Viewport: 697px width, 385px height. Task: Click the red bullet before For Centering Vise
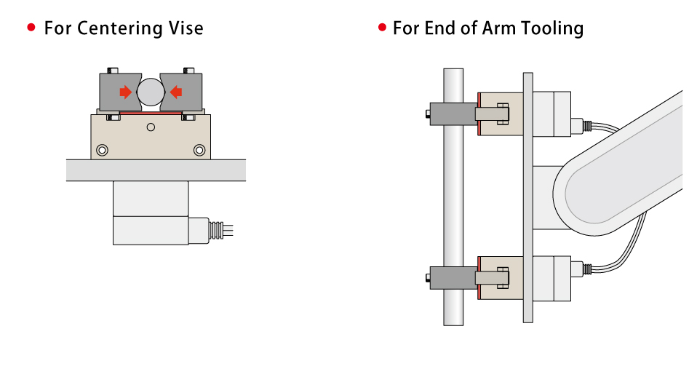(31, 28)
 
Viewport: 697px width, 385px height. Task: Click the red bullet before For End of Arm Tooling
(381, 28)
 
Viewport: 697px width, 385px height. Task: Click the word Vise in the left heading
(186, 28)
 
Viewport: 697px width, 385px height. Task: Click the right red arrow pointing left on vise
(175, 92)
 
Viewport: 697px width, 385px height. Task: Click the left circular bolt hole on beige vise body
(102, 150)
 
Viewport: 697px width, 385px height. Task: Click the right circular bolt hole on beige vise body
(199, 150)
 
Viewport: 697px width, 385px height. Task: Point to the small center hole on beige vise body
(151, 127)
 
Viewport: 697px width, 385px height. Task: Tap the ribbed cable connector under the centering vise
(215, 230)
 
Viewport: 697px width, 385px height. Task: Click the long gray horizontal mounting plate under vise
(156, 170)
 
